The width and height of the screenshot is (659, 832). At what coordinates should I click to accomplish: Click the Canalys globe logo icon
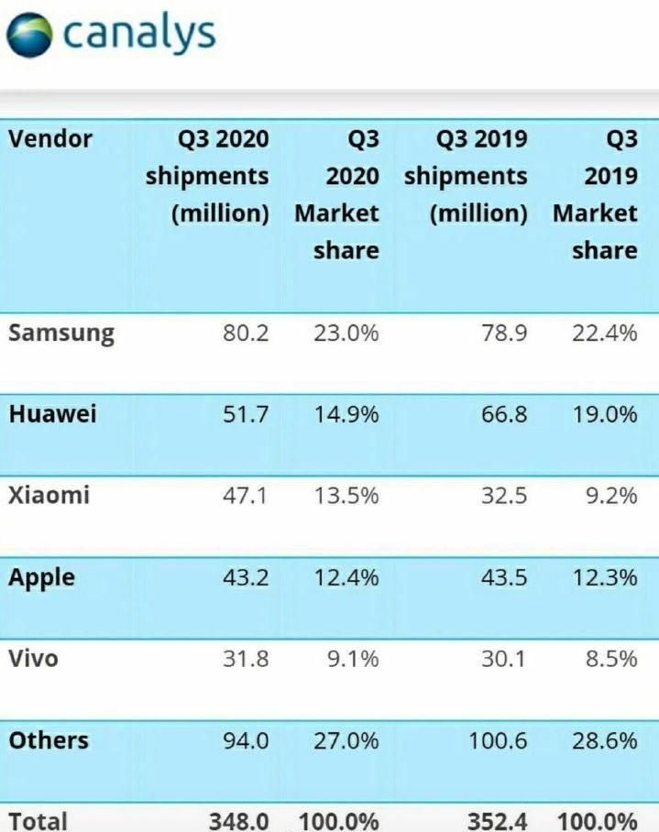30,35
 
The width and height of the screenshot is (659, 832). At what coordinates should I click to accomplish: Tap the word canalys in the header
140,34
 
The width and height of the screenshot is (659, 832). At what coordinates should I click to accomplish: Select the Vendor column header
50,138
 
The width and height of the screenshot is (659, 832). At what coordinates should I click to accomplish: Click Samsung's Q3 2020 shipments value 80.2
245,332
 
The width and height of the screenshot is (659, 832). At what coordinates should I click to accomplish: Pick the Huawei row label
52,413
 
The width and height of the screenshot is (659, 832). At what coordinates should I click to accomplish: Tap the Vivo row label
33,658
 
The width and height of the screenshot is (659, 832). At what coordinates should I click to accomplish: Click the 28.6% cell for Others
605,740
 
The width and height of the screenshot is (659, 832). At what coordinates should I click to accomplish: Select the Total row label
38,819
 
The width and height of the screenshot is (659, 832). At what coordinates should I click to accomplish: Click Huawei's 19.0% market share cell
605,414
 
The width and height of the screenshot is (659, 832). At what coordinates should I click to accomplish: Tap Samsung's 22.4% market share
605,332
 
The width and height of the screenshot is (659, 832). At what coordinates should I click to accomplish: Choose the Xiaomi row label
49,496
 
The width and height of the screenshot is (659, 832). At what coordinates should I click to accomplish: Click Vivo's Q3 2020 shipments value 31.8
245,658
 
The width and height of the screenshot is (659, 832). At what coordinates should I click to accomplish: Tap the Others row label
49,740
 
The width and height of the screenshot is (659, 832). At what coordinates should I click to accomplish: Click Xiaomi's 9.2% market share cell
610,496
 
